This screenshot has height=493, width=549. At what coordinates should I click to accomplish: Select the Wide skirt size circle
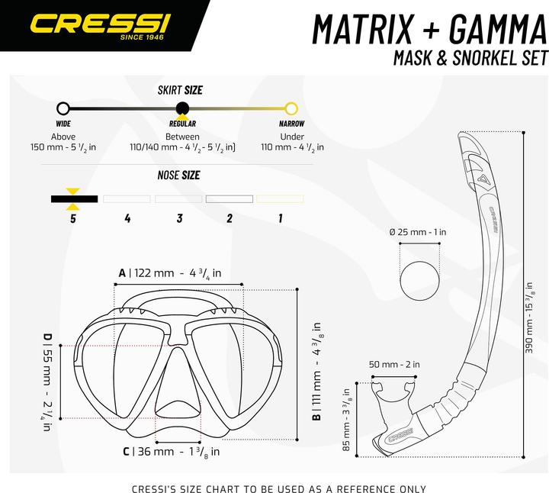(x=63, y=108)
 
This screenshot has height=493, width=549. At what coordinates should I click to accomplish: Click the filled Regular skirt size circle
(x=181, y=108)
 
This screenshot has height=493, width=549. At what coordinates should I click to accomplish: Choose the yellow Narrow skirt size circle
(x=291, y=108)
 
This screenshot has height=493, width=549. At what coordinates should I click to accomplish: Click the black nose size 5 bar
(x=74, y=198)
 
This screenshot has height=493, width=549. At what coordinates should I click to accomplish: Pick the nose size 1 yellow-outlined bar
(x=280, y=198)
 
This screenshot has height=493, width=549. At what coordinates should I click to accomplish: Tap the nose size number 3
(x=179, y=218)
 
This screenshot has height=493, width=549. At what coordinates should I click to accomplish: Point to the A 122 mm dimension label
(x=169, y=272)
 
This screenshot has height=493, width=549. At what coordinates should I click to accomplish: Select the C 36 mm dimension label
(x=172, y=452)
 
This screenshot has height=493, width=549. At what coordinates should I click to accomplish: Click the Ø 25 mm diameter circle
(x=420, y=284)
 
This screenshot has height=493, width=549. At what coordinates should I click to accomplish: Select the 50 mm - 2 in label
(x=393, y=365)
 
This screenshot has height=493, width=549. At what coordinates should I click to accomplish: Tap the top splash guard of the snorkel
(x=474, y=156)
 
